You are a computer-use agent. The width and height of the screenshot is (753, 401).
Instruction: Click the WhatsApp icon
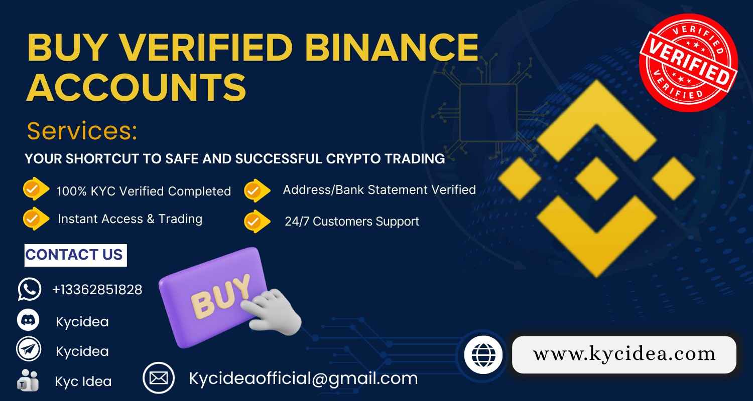click(29, 289)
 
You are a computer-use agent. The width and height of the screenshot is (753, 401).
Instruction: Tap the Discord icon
click(28, 320)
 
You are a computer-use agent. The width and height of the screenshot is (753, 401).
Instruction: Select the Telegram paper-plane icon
click(28, 350)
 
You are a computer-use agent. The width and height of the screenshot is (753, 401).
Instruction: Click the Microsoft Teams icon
click(28, 380)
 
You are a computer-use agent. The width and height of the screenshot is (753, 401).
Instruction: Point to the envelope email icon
click(159, 378)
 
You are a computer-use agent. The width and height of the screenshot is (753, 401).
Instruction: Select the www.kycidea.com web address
click(624, 354)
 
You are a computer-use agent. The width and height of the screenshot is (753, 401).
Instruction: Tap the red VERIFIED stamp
click(688, 63)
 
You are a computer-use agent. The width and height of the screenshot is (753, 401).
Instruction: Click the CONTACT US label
click(75, 255)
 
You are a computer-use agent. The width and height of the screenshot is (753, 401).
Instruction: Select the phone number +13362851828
click(97, 289)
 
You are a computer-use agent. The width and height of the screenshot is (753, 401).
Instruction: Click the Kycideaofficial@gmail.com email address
click(303, 378)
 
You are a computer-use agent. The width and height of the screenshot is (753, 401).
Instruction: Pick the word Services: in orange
click(82, 131)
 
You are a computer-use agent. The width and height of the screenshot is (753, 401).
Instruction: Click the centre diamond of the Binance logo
click(596, 178)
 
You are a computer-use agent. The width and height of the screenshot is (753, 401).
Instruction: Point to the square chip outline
click(488, 113)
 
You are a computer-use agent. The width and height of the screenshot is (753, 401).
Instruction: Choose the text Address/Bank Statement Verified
click(379, 190)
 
